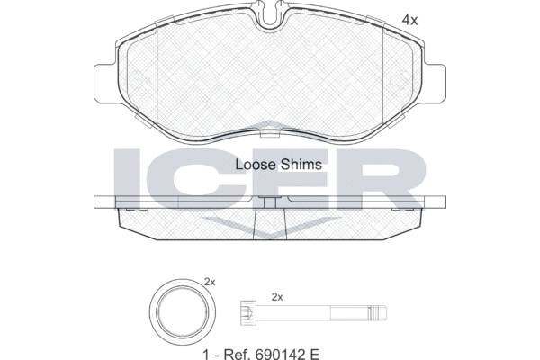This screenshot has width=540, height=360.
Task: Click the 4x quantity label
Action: (409, 19)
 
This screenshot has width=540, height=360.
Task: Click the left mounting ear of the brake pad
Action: (104, 80)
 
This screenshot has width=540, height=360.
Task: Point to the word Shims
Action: (291, 165)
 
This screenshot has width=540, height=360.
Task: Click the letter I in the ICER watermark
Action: (127, 175)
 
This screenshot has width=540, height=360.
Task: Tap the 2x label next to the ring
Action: (211, 283)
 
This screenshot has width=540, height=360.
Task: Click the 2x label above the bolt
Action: (277, 296)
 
